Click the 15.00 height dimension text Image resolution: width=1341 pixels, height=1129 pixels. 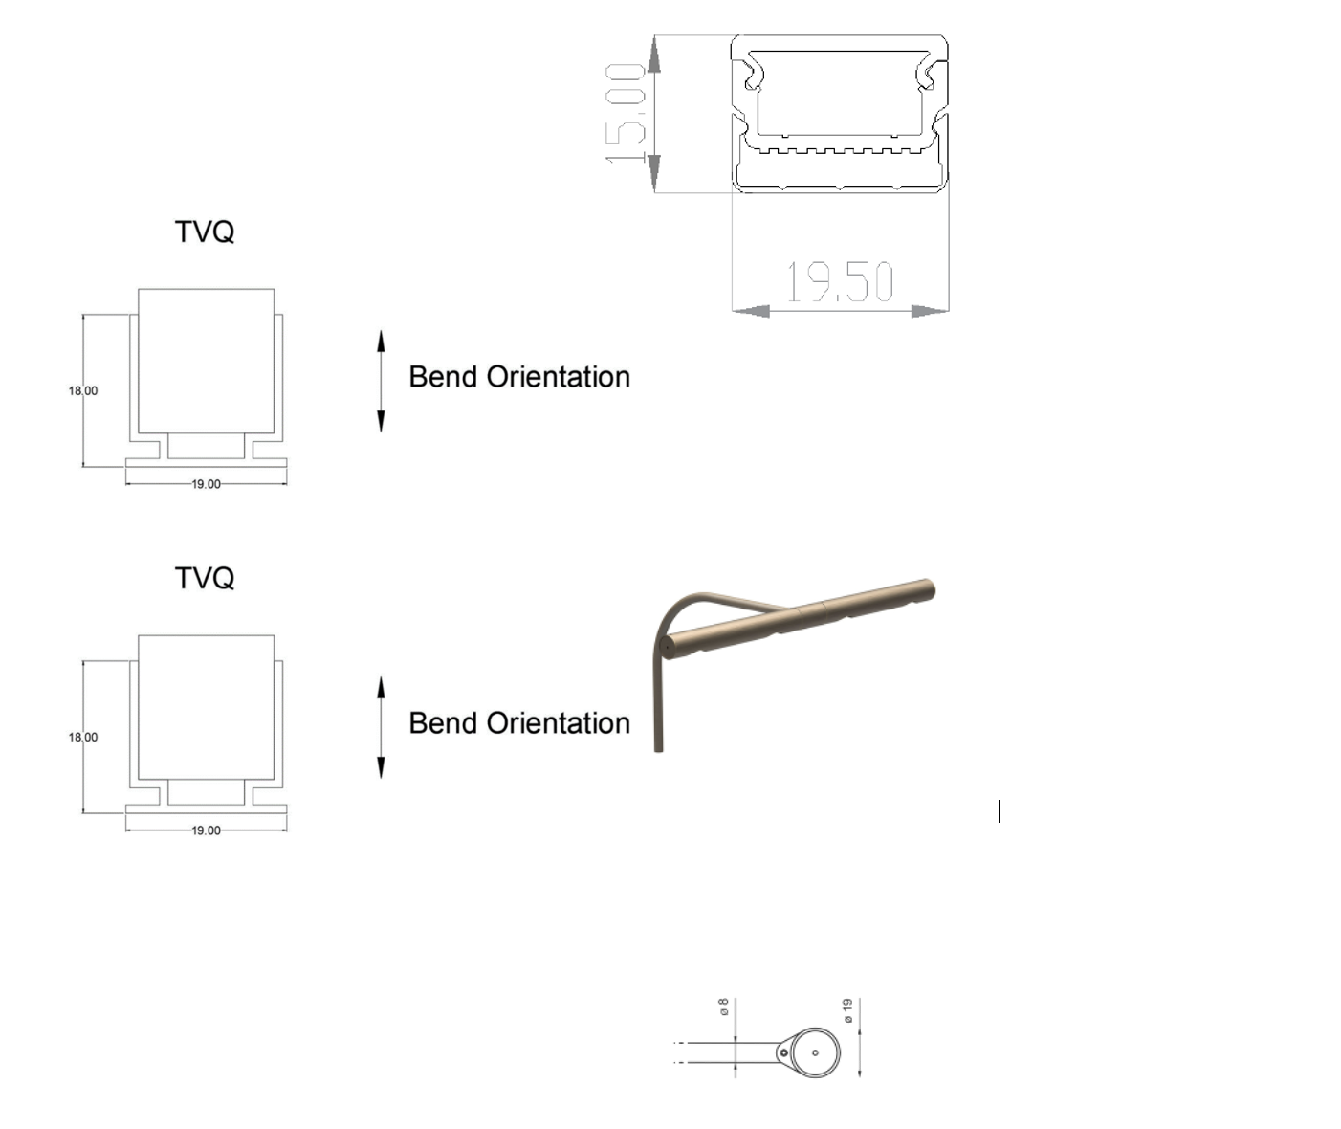[x=625, y=114]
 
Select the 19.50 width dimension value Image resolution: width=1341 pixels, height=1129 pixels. [x=840, y=281]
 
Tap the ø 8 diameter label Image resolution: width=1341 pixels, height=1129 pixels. [x=724, y=1007]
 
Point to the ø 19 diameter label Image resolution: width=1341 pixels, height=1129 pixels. [x=847, y=1010]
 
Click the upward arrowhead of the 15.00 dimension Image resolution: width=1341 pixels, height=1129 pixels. [x=654, y=54]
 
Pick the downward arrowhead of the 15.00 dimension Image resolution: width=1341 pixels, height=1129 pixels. [x=654, y=173]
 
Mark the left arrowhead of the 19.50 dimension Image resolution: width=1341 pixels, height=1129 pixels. [x=751, y=311]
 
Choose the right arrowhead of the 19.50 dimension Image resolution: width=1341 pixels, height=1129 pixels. [x=930, y=311]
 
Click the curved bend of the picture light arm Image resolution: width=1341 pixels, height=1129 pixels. [x=674, y=609]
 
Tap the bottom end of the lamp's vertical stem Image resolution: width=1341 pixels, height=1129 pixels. [x=658, y=749]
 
